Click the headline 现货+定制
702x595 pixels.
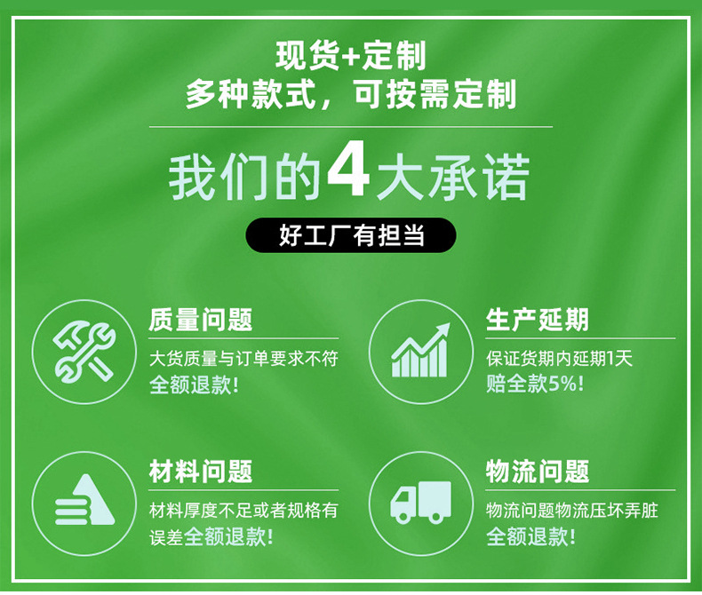[350, 57]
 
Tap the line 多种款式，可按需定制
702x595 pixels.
[350, 94]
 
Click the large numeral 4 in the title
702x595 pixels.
[348, 176]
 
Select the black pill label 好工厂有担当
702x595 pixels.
[350, 235]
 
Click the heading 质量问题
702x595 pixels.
[201, 321]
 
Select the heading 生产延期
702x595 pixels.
[537, 321]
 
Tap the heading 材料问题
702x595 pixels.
[201, 472]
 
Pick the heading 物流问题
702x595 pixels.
[537, 472]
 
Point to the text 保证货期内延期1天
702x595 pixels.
[559, 359]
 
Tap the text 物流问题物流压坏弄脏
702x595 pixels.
[571, 511]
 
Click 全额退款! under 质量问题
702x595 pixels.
[194, 385]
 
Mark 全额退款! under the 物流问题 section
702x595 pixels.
[530, 536]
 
